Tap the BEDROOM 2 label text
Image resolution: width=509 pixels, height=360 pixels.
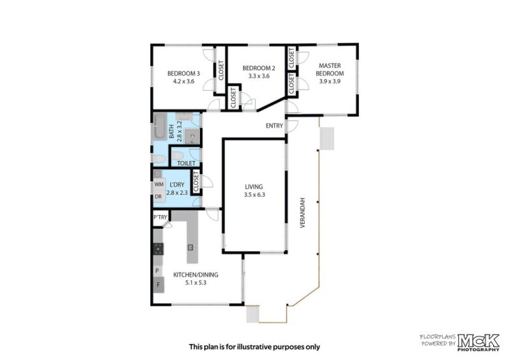(259, 68)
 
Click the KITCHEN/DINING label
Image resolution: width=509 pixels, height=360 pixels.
(196, 275)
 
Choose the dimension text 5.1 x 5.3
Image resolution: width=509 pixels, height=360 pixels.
(196, 282)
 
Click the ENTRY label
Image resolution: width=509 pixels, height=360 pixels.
(274, 126)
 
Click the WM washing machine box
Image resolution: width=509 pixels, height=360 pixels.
(158, 185)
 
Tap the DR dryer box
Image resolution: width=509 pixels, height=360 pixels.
(158, 197)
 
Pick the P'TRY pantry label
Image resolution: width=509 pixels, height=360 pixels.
(160, 218)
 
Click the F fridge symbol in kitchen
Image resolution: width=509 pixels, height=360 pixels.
(158, 284)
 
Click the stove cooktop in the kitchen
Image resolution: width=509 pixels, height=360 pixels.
(158, 248)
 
